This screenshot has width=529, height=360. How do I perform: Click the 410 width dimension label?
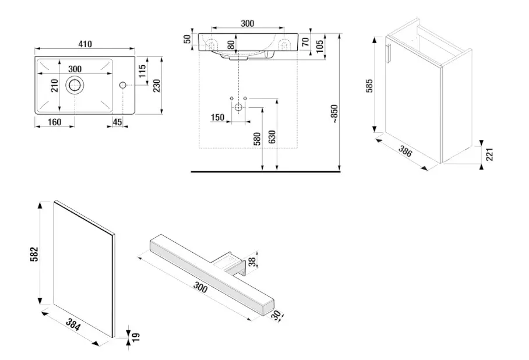(x=86, y=44)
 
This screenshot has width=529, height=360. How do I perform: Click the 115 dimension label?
(x=142, y=72)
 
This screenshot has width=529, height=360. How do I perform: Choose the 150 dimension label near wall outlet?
(x=217, y=118)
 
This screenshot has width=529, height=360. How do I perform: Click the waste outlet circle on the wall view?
(x=238, y=108)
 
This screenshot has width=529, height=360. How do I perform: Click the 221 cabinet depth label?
(x=490, y=154)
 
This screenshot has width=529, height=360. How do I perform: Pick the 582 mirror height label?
(x=34, y=253)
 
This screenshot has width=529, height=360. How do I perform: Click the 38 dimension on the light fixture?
(x=252, y=262)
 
